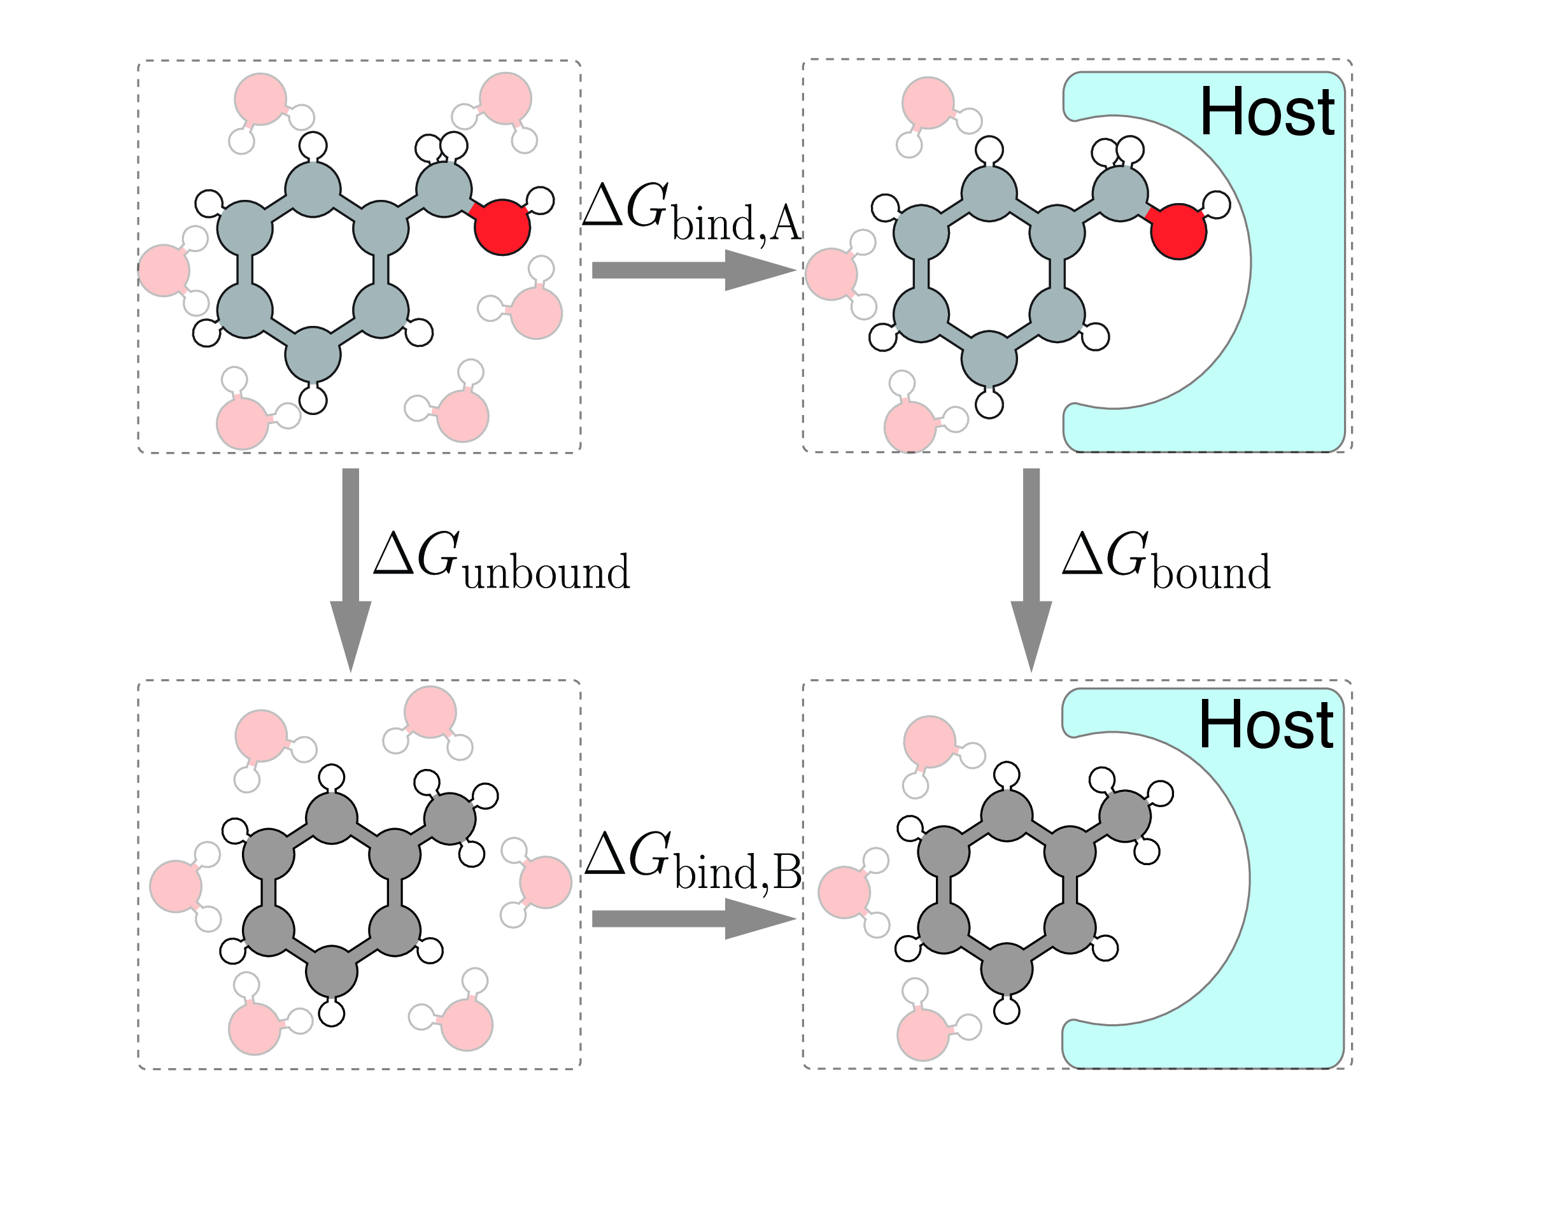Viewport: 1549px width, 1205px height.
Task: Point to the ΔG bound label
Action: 1166,561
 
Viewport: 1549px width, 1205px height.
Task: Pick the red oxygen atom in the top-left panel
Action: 502,227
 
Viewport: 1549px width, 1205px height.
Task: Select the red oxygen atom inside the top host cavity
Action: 1178,231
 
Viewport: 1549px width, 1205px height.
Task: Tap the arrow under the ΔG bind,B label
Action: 694,919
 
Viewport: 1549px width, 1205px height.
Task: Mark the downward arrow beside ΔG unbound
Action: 350,570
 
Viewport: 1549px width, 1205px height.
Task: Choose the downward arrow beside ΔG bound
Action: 1031,570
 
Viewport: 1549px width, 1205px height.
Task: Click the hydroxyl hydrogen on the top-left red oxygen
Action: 541,201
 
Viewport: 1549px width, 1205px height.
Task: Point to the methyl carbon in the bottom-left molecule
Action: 449,819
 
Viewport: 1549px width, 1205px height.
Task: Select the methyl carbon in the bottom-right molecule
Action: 1125,815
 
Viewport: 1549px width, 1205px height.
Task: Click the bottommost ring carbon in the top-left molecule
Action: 313,355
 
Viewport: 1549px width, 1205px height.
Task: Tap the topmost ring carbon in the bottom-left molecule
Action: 331,818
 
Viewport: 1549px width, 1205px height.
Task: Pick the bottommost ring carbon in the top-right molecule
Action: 989,359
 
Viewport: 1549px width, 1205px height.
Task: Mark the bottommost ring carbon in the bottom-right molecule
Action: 1007,968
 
